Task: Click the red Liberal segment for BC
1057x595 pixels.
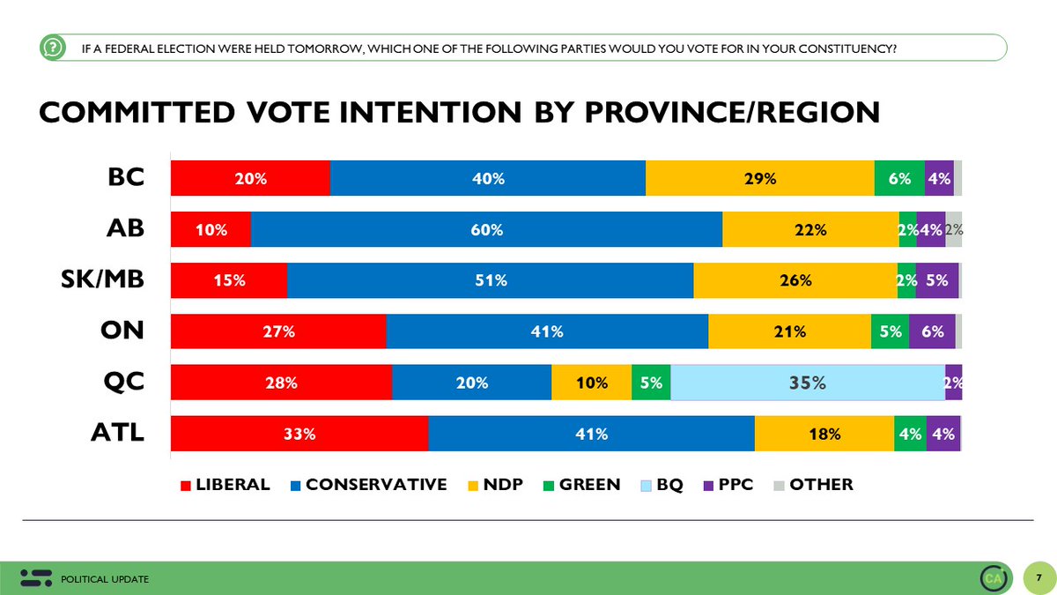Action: (x=250, y=178)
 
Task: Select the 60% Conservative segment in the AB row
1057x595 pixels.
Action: (x=486, y=229)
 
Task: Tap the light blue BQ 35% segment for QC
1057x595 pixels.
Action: (x=808, y=383)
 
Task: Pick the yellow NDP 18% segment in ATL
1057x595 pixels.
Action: (x=824, y=434)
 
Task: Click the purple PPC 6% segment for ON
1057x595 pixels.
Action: (x=932, y=331)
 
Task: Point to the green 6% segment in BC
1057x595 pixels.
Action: (x=899, y=178)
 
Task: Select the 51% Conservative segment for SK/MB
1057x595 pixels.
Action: (x=491, y=280)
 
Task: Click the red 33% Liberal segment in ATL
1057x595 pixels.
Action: (x=299, y=434)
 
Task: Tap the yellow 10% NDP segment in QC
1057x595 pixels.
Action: (x=592, y=383)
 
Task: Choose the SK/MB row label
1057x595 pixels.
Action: (x=102, y=279)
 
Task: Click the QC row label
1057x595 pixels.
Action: (x=123, y=381)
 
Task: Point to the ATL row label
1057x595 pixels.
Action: (x=117, y=432)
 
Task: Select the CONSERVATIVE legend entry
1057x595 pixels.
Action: (x=368, y=485)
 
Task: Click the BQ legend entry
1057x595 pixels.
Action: (x=662, y=485)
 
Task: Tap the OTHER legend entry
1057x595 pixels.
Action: (x=814, y=485)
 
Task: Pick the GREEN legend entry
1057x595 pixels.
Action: (x=582, y=485)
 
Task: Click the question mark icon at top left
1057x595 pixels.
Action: (x=53, y=48)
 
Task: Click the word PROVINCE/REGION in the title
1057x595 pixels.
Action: (x=732, y=113)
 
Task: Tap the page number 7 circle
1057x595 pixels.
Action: (x=1039, y=577)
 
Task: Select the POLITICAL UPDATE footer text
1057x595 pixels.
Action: (x=105, y=579)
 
